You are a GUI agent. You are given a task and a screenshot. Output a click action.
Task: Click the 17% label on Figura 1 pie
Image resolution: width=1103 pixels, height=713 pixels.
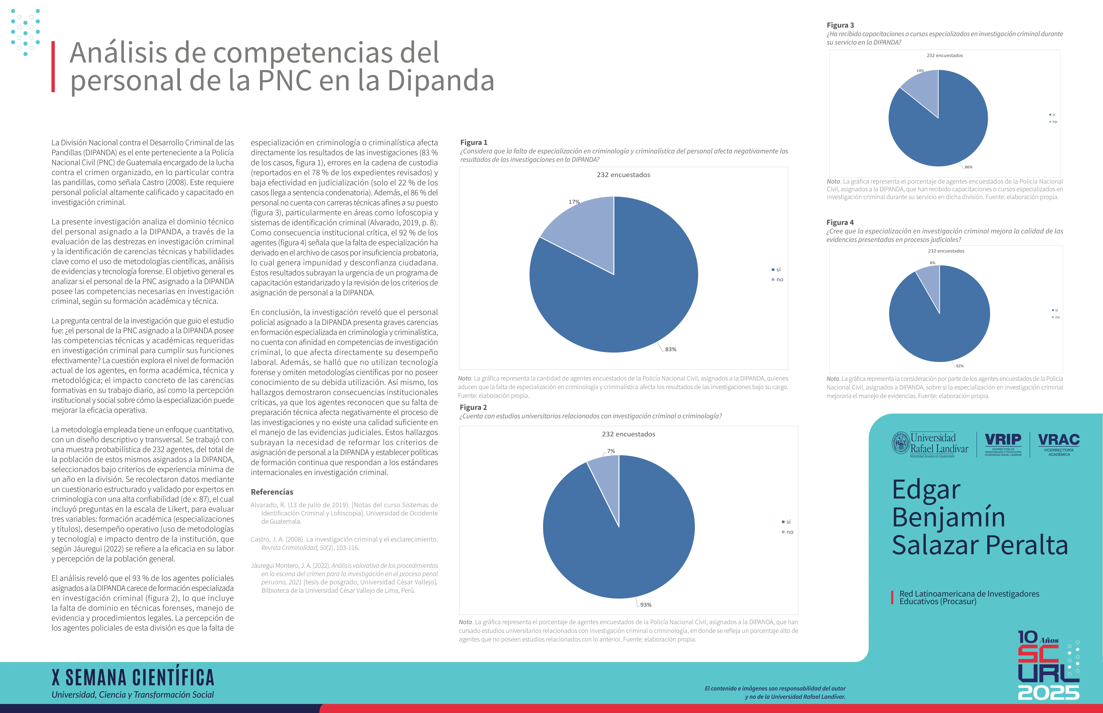pos(574,202)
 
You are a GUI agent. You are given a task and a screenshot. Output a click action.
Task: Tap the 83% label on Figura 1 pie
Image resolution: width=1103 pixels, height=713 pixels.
pos(670,350)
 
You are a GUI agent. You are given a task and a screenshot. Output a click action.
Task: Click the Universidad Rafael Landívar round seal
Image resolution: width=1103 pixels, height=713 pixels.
pos(900,443)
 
